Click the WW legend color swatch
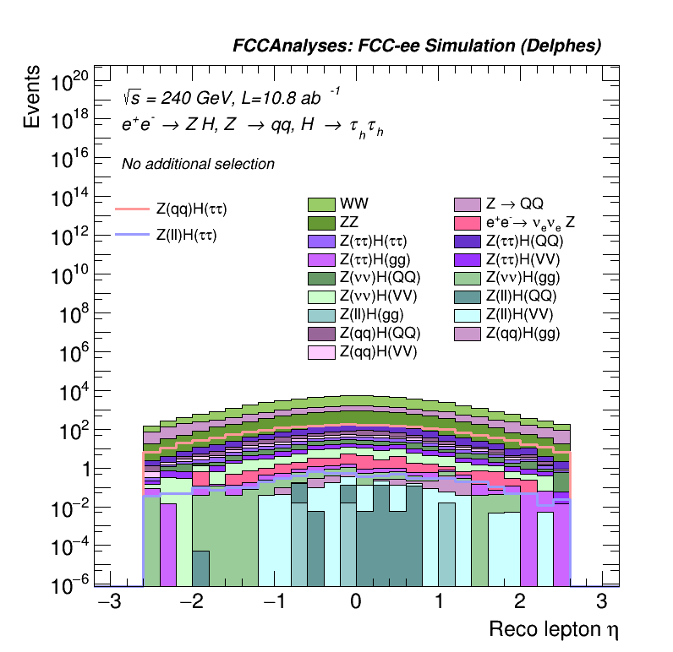click(x=322, y=204)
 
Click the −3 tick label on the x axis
click(x=107, y=602)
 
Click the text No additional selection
click(x=198, y=164)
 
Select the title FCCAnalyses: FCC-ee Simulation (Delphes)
click(x=417, y=46)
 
